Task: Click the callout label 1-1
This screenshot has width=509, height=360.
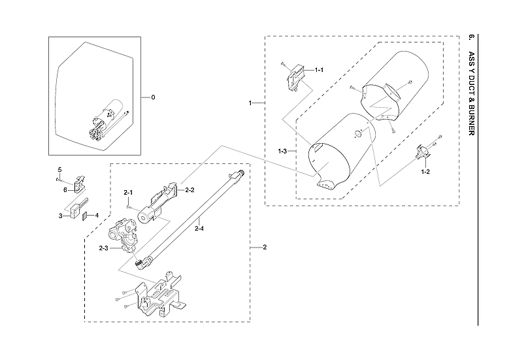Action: click(x=319, y=69)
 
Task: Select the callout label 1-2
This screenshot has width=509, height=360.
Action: click(x=425, y=171)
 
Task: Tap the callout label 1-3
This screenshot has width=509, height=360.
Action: click(x=282, y=152)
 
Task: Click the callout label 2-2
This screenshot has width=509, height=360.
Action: click(x=190, y=189)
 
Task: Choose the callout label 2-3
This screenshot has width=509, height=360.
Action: click(x=104, y=248)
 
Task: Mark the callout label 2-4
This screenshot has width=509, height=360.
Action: click(x=199, y=228)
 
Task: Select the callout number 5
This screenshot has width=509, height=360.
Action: click(x=59, y=170)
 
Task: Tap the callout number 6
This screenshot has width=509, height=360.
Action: click(x=65, y=189)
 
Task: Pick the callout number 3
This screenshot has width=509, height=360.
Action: click(x=60, y=215)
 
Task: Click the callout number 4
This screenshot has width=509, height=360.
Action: click(x=97, y=215)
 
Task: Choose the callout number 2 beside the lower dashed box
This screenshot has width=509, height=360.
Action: click(x=264, y=248)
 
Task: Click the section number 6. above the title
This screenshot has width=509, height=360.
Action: click(x=472, y=37)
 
